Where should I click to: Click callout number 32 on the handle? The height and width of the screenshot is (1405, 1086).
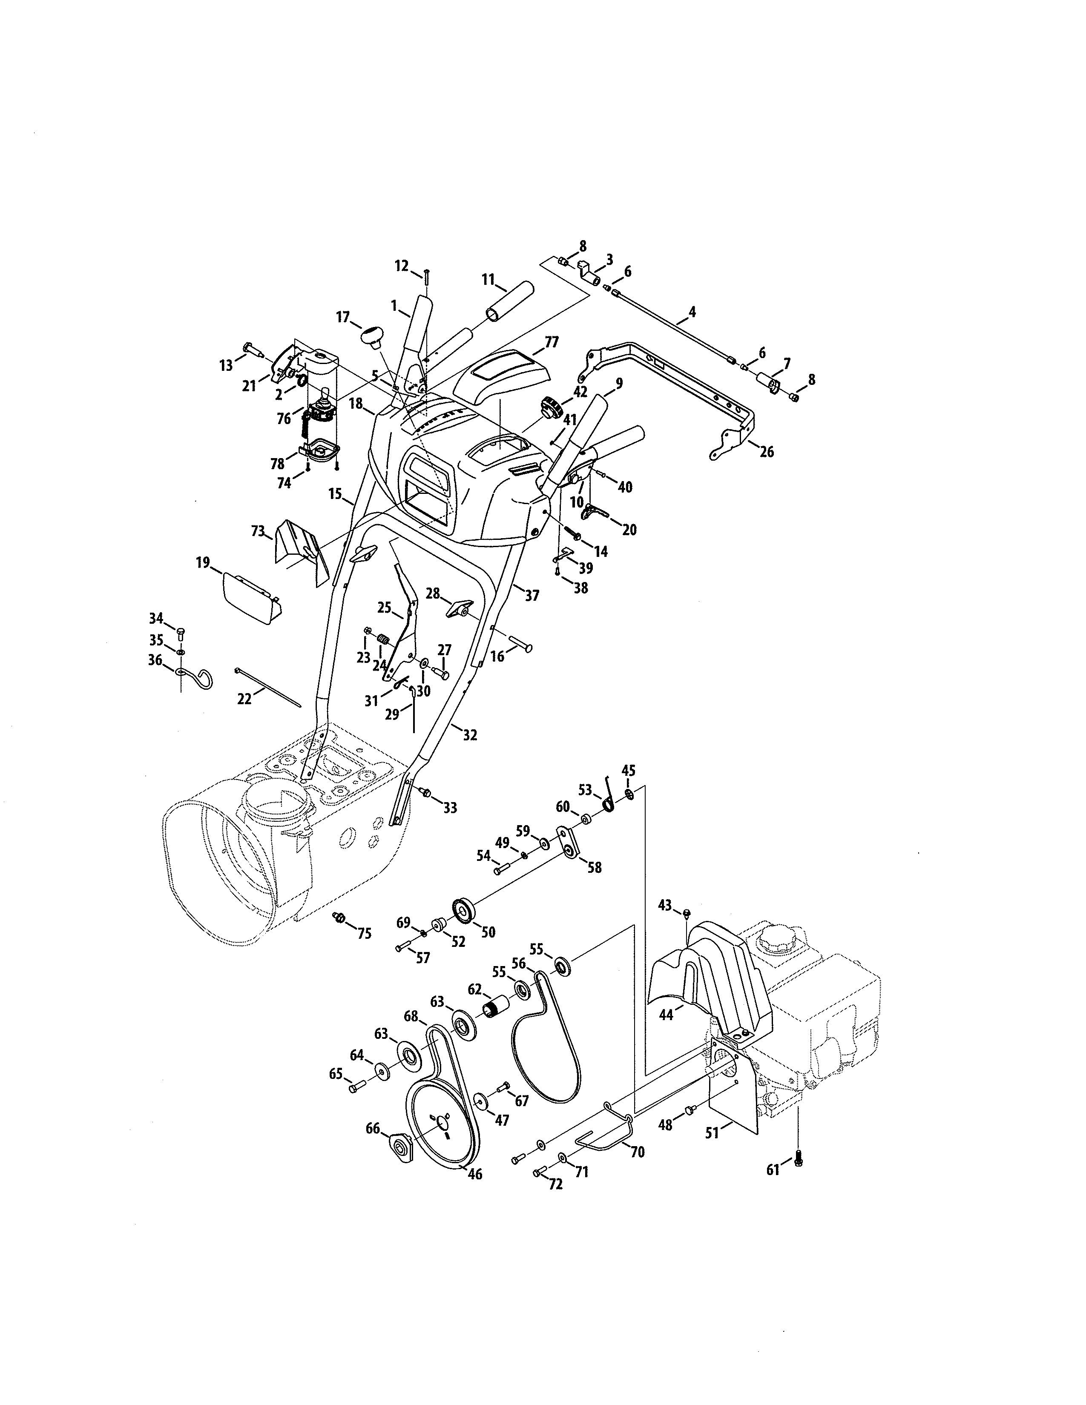click(x=470, y=735)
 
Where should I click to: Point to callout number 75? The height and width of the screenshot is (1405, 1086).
click(x=364, y=933)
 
